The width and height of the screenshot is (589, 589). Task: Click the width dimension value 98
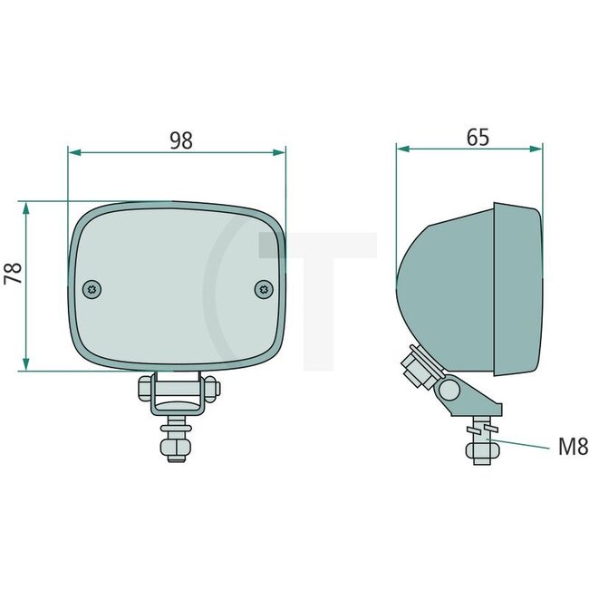[181, 140]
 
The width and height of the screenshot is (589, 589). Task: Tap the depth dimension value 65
[478, 137]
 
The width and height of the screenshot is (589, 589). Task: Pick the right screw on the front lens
[264, 288]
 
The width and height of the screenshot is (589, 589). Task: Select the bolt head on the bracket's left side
[145, 391]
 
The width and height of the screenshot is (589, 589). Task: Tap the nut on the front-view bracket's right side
[212, 391]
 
